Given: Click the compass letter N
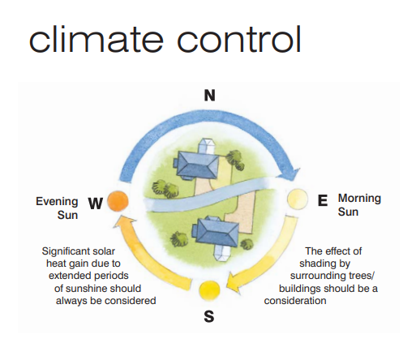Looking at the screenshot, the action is coord(210,96).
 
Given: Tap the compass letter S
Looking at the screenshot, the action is coord(209,316).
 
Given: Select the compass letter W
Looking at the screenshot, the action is coord(96,204).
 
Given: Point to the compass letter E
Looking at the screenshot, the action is coord(323,200).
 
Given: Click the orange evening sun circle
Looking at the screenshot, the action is coord(118,201).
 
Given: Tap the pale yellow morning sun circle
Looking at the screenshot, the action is coord(297,199).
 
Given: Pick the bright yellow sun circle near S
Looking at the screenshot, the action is coord(209,290).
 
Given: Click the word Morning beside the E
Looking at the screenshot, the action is coord(359,199).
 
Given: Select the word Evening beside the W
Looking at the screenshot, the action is coord(57,202).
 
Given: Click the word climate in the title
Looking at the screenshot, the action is coord(96,39).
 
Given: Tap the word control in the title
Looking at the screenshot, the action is coord(239,39).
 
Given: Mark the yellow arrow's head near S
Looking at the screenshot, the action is coord(234,283).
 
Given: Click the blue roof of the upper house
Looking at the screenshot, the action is coord(198,165).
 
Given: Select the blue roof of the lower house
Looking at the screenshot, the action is coord(217,233).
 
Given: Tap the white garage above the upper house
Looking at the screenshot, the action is coord(208,147).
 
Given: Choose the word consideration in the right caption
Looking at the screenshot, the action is coord(295,301).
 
